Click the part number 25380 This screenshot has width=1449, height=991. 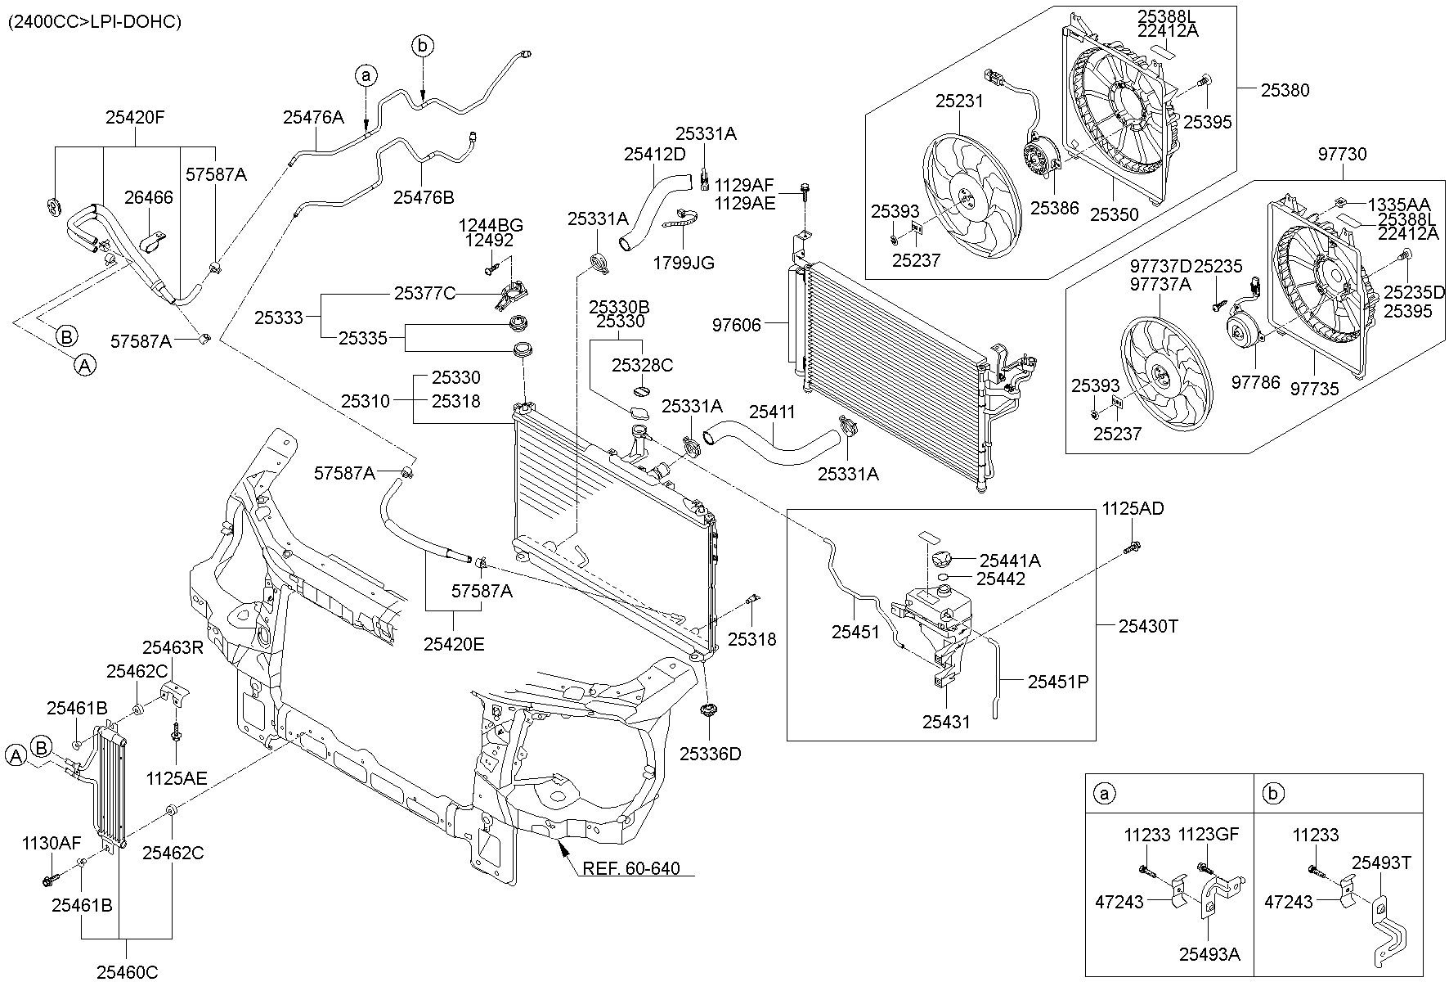coord(1285,90)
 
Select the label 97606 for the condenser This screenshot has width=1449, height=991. coord(737,326)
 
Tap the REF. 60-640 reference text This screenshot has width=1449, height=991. coord(630,868)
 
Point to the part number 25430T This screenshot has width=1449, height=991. coord(1149,626)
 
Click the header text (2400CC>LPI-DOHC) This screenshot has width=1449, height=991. coord(95,22)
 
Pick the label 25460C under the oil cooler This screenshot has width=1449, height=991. coord(127,972)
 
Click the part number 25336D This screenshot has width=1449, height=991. coord(710,754)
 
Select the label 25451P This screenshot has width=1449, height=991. coord(1058,681)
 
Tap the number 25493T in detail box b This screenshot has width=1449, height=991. coord(1381,863)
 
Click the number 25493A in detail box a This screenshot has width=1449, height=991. coord(1209,953)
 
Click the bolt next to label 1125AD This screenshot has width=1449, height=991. coord(1133,546)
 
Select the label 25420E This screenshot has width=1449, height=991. coord(454,644)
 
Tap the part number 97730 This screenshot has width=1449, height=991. coord(1342,154)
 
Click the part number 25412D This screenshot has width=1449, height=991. coord(654,153)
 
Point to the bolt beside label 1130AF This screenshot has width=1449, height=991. coord(49,881)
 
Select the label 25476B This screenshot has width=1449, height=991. coord(423,197)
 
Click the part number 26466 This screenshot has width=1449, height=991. coord(149,197)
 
